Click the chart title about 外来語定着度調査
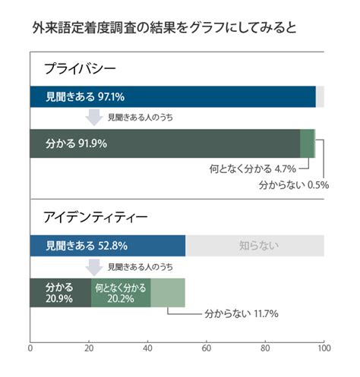click(x=164, y=27)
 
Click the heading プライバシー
click(x=80, y=68)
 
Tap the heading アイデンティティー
click(x=95, y=217)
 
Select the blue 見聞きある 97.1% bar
click(x=173, y=96)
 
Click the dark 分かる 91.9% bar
click(x=165, y=143)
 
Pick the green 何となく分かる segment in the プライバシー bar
click(x=307, y=143)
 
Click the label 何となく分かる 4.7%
click(x=253, y=168)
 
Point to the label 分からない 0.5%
click(x=294, y=185)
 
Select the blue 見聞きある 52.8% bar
click(x=108, y=246)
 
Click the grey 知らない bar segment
click(x=254, y=246)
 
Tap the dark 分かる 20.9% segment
click(x=61, y=293)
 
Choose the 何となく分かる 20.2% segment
click(x=121, y=293)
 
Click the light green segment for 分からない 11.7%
click(x=168, y=293)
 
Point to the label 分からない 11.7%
click(x=242, y=314)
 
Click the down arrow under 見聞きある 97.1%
click(x=94, y=117)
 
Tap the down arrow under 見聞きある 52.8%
click(x=94, y=267)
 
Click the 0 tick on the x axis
click(x=30, y=348)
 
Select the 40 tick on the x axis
click(x=147, y=348)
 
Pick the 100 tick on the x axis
click(x=324, y=348)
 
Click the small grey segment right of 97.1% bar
click(x=320, y=96)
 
